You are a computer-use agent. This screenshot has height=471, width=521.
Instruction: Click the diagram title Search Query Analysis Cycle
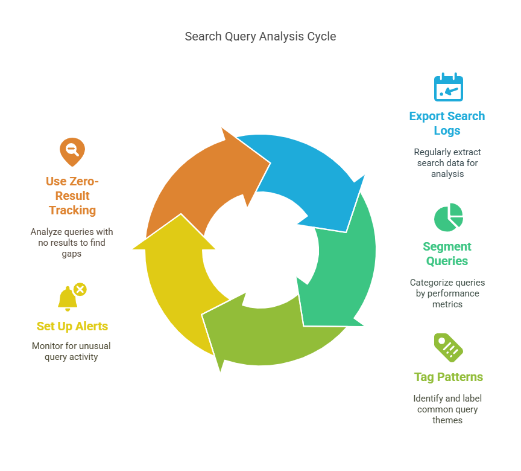(x=260, y=37)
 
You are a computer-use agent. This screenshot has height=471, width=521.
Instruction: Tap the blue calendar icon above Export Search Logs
(x=448, y=88)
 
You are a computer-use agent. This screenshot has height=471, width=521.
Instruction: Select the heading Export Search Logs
(x=447, y=123)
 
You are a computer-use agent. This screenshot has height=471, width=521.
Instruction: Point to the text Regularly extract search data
(x=447, y=163)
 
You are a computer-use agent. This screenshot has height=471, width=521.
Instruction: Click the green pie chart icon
(x=448, y=217)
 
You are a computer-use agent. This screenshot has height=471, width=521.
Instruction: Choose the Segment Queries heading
(x=447, y=254)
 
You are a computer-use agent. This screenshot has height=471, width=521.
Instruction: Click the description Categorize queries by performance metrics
(x=447, y=293)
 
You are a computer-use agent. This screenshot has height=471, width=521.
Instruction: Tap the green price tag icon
(x=448, y=347)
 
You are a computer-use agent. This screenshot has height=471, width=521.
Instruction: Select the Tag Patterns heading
(x=448, y=377)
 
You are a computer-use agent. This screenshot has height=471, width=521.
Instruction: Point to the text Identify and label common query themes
(x=447, y=409)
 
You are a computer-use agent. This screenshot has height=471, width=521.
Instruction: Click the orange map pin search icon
(x=72, y=152)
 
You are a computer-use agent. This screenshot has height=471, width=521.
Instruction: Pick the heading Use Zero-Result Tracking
(x=72, y=196)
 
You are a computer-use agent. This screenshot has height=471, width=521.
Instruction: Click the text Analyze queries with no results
(x=72, y=243)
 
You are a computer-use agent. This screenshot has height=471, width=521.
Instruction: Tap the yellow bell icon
(x=68, y=298)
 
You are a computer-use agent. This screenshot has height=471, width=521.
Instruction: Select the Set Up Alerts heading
(x=72, y=326)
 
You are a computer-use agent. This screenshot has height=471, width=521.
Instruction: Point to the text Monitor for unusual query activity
(x=72, y=351)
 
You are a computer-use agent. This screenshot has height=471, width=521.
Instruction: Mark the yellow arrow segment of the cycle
(x=175, y=272)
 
